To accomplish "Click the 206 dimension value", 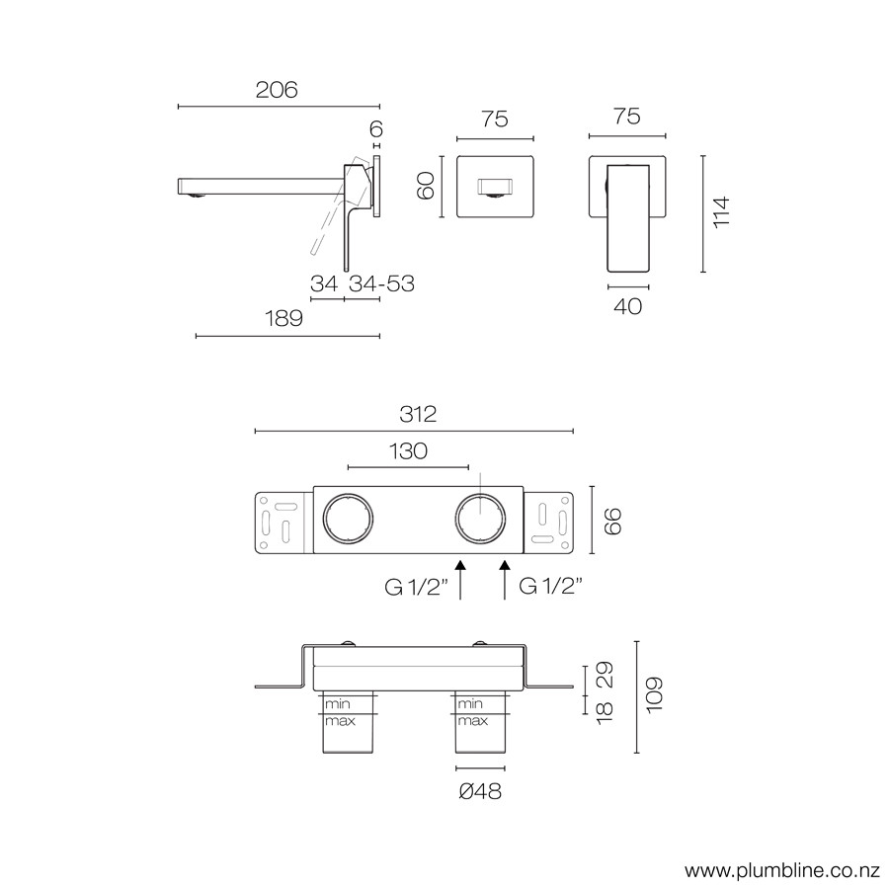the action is (277, 90).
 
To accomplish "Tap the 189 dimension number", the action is (284, 319).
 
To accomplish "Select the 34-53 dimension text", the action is (381, 283).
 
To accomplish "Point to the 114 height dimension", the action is (721, 212).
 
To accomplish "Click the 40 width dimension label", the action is (627, 307).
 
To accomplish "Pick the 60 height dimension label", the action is (425, 186).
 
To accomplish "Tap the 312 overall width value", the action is (418, 415).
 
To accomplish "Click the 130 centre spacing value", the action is (408, 451).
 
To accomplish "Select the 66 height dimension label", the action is (612, 522).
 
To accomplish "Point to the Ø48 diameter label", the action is (480, 791).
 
